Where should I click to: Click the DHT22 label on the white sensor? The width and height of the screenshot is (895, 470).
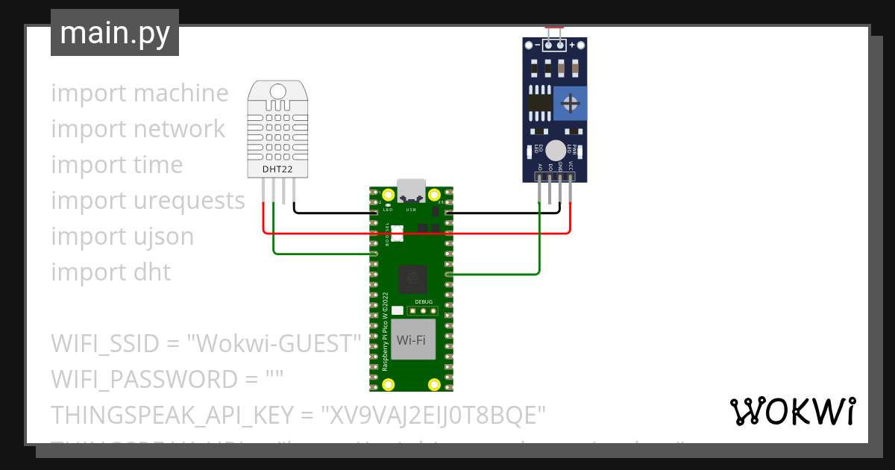(x=277, y=169)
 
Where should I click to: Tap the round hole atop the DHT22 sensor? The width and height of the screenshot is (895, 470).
(x=277, y=91)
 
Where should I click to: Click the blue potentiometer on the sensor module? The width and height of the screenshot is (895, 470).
(x=571, y=102)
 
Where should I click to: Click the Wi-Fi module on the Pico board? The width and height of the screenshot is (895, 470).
(x=411, y=339)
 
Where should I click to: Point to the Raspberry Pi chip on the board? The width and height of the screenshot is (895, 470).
(x=412, y=279)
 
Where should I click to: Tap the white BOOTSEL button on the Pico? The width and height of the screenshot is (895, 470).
(x=396, y=234)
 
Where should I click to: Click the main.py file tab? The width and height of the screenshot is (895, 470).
(x=115, y=33)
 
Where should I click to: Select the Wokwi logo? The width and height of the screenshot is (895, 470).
(x=792, y=411)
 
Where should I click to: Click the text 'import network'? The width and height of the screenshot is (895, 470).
(x=138, y=128)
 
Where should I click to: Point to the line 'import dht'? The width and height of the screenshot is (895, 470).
(x=111, y=272)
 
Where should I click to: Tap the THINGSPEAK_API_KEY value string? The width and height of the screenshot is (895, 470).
(x=433, y=415)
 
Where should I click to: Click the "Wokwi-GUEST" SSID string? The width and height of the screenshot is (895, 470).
(x=274, y=344)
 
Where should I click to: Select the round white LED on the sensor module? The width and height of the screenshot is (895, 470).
(x=555, y=149)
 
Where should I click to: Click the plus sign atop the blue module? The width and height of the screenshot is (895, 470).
(x=573, y=46)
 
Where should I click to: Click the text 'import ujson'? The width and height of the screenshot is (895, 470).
(x=122, y=236)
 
